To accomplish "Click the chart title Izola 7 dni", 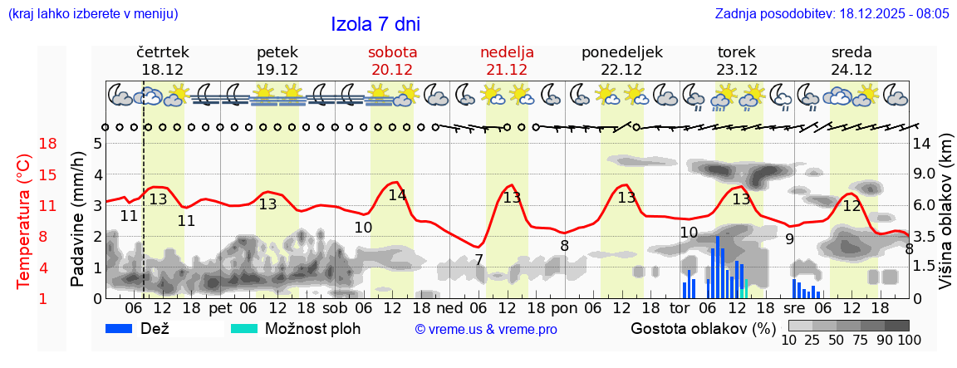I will pos(375,24).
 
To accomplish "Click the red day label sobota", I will pos(392,52).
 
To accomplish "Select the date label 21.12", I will pos(507,70).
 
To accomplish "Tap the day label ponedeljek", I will pos(622,52).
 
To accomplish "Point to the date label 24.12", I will pos(851,70).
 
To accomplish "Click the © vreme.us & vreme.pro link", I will pos(486,329).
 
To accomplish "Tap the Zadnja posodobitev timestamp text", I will pos(832,14).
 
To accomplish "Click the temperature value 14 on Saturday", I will pos(397,195).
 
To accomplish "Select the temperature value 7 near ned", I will pos(478,260).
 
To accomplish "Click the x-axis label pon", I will pos(564,308).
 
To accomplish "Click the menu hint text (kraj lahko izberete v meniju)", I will pos(92,14).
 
